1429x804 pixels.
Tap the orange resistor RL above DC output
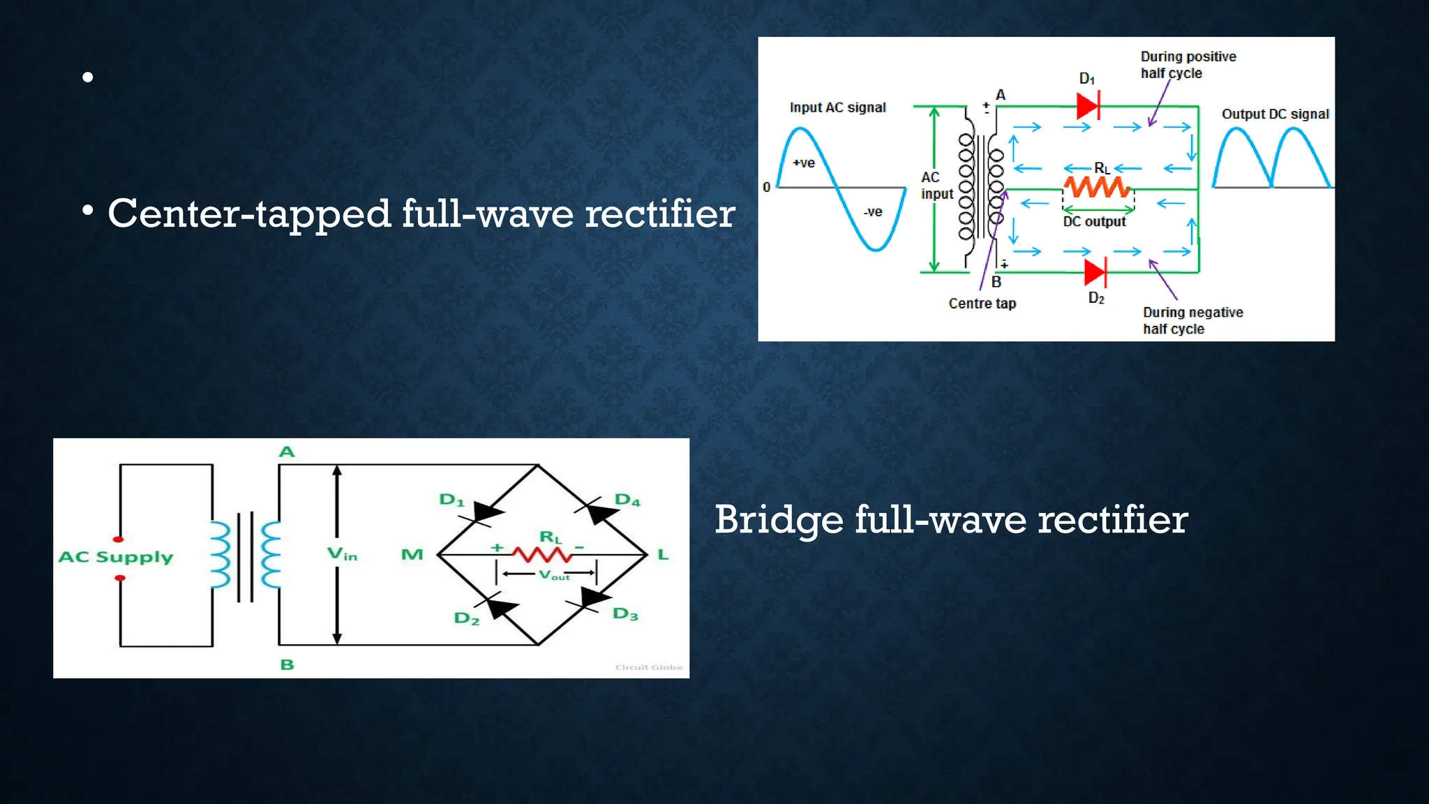tap(1095, 187)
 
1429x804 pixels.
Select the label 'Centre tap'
tap(982, 304)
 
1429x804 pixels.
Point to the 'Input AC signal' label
tap(837, 107)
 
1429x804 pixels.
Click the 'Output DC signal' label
tap(1275, 114)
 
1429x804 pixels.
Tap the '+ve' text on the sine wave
tap(804, 163)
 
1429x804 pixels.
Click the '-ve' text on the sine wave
tap(873, 211)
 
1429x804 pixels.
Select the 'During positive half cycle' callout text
tap(1188, 65)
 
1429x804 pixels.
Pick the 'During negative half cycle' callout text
tap(1192, 320)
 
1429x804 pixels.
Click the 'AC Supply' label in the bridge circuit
tap(116, 557)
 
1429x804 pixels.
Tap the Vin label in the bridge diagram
tap(342, 554)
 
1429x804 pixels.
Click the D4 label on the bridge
tap(627, 500)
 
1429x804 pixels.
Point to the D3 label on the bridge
tap(625, 614)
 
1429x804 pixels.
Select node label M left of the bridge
tap(412, 555)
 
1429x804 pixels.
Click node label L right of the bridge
tap(663, 555)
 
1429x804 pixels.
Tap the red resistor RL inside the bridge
tap(541, 555)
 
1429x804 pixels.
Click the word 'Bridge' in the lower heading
tap(779, 520)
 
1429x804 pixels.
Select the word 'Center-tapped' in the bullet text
tap(248, 214)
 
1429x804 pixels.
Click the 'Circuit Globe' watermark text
tap(648, 667)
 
